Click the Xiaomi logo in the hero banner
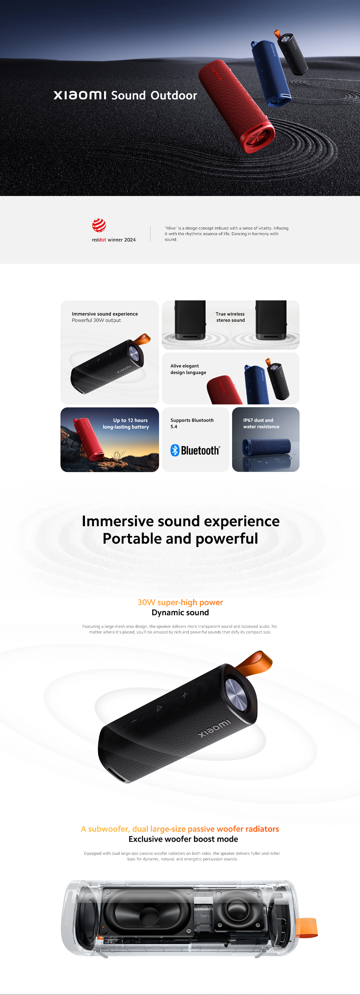coord(80,95)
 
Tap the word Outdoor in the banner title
coord(174,95)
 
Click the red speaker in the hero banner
coord(237,106)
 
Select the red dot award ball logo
coord(99,225)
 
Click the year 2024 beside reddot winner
coord(130,240)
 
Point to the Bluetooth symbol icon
coord(175,451)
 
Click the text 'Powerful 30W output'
coord(96,320)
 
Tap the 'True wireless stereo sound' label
coord(230,317)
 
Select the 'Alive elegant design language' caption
coord(188,369)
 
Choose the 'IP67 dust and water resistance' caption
coord(261,423)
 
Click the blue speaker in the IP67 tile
coord(266,447)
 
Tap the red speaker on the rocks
coord(89,439)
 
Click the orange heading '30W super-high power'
coord(180,602)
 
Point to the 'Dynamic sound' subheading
coord(180,612)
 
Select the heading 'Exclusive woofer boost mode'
coord(183,839)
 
